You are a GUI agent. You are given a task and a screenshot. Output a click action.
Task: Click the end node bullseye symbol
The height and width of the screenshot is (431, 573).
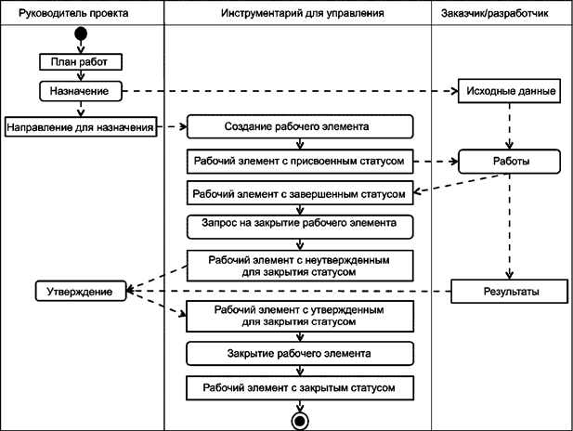coord(300,420)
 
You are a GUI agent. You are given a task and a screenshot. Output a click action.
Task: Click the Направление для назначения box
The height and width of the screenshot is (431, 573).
coord(80,126)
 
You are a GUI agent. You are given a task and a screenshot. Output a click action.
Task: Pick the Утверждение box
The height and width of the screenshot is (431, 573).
coord(80,292)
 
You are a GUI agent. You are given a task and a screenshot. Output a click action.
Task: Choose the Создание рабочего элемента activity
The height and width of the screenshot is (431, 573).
coord(297,126)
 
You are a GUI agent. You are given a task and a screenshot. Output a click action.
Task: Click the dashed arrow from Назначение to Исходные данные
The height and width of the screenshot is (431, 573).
coord(288,91)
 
